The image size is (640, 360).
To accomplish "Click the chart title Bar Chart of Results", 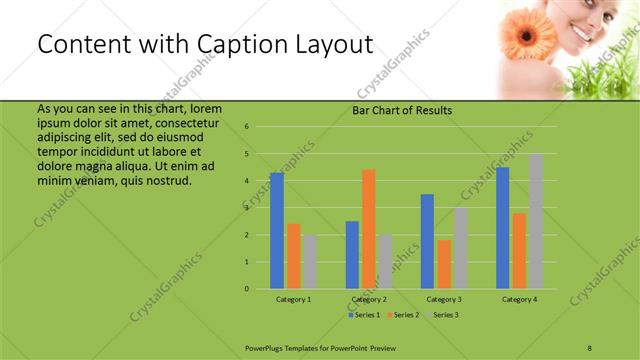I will pyautogui.click(x=401, y=110).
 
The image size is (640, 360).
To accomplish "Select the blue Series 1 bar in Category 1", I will pyautogui.click(x=276, y=230).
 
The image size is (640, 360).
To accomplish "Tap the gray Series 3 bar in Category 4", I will pyautogui.click(x=535, y=221).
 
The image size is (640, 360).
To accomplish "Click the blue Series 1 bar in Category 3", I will pyautogui.click(x=427, y=241).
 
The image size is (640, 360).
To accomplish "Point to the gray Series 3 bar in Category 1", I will pyautogui.click(x=309, y=261).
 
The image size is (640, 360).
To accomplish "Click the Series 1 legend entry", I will pyautogui.click(x=364, y=315).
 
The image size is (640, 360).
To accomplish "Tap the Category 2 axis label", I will pyautogui.click(x=369, y=299).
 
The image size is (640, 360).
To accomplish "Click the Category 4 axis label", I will pyautogui.click(x=519, y=299).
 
